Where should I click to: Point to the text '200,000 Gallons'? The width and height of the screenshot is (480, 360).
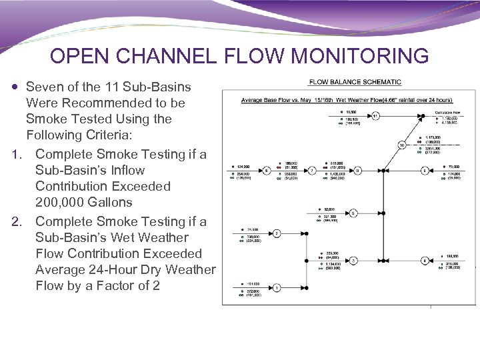click(x=84, y=202)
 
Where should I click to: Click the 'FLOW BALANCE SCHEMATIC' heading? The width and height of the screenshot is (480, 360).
click(x=355, y=82)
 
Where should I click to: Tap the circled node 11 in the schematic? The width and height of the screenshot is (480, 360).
click(x=375, y=115)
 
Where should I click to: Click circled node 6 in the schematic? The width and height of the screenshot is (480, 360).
click(x=267, y=170)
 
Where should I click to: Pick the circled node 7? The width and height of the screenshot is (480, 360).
click(x=312, y=170)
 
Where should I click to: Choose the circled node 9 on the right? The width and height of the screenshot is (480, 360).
click(x=424, y=170)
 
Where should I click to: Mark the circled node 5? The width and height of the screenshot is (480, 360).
click(x=353, y=213)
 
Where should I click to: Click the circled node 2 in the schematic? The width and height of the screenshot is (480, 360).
click(x=276, y=233)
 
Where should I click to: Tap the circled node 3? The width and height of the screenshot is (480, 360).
click(x=353, y=260)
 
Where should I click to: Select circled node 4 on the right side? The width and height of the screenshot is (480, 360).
click(x=424, y=260)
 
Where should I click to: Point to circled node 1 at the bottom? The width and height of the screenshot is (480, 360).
click(x=276, y=288)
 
